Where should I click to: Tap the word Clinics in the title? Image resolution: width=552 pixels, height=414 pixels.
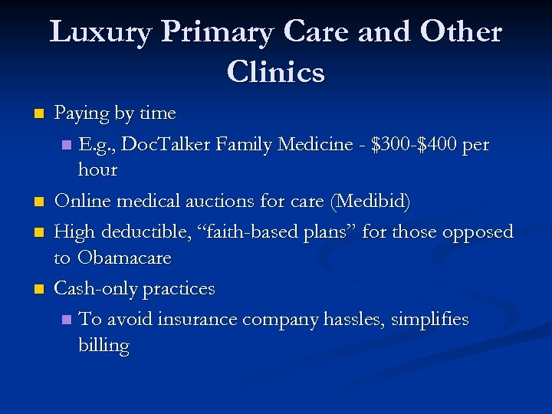click(276, 73)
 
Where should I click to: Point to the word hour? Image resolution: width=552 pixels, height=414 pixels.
click(97, 170)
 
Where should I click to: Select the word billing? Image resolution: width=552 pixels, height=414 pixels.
click(103, 346)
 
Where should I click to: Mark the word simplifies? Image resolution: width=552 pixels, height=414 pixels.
click(429, 319)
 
